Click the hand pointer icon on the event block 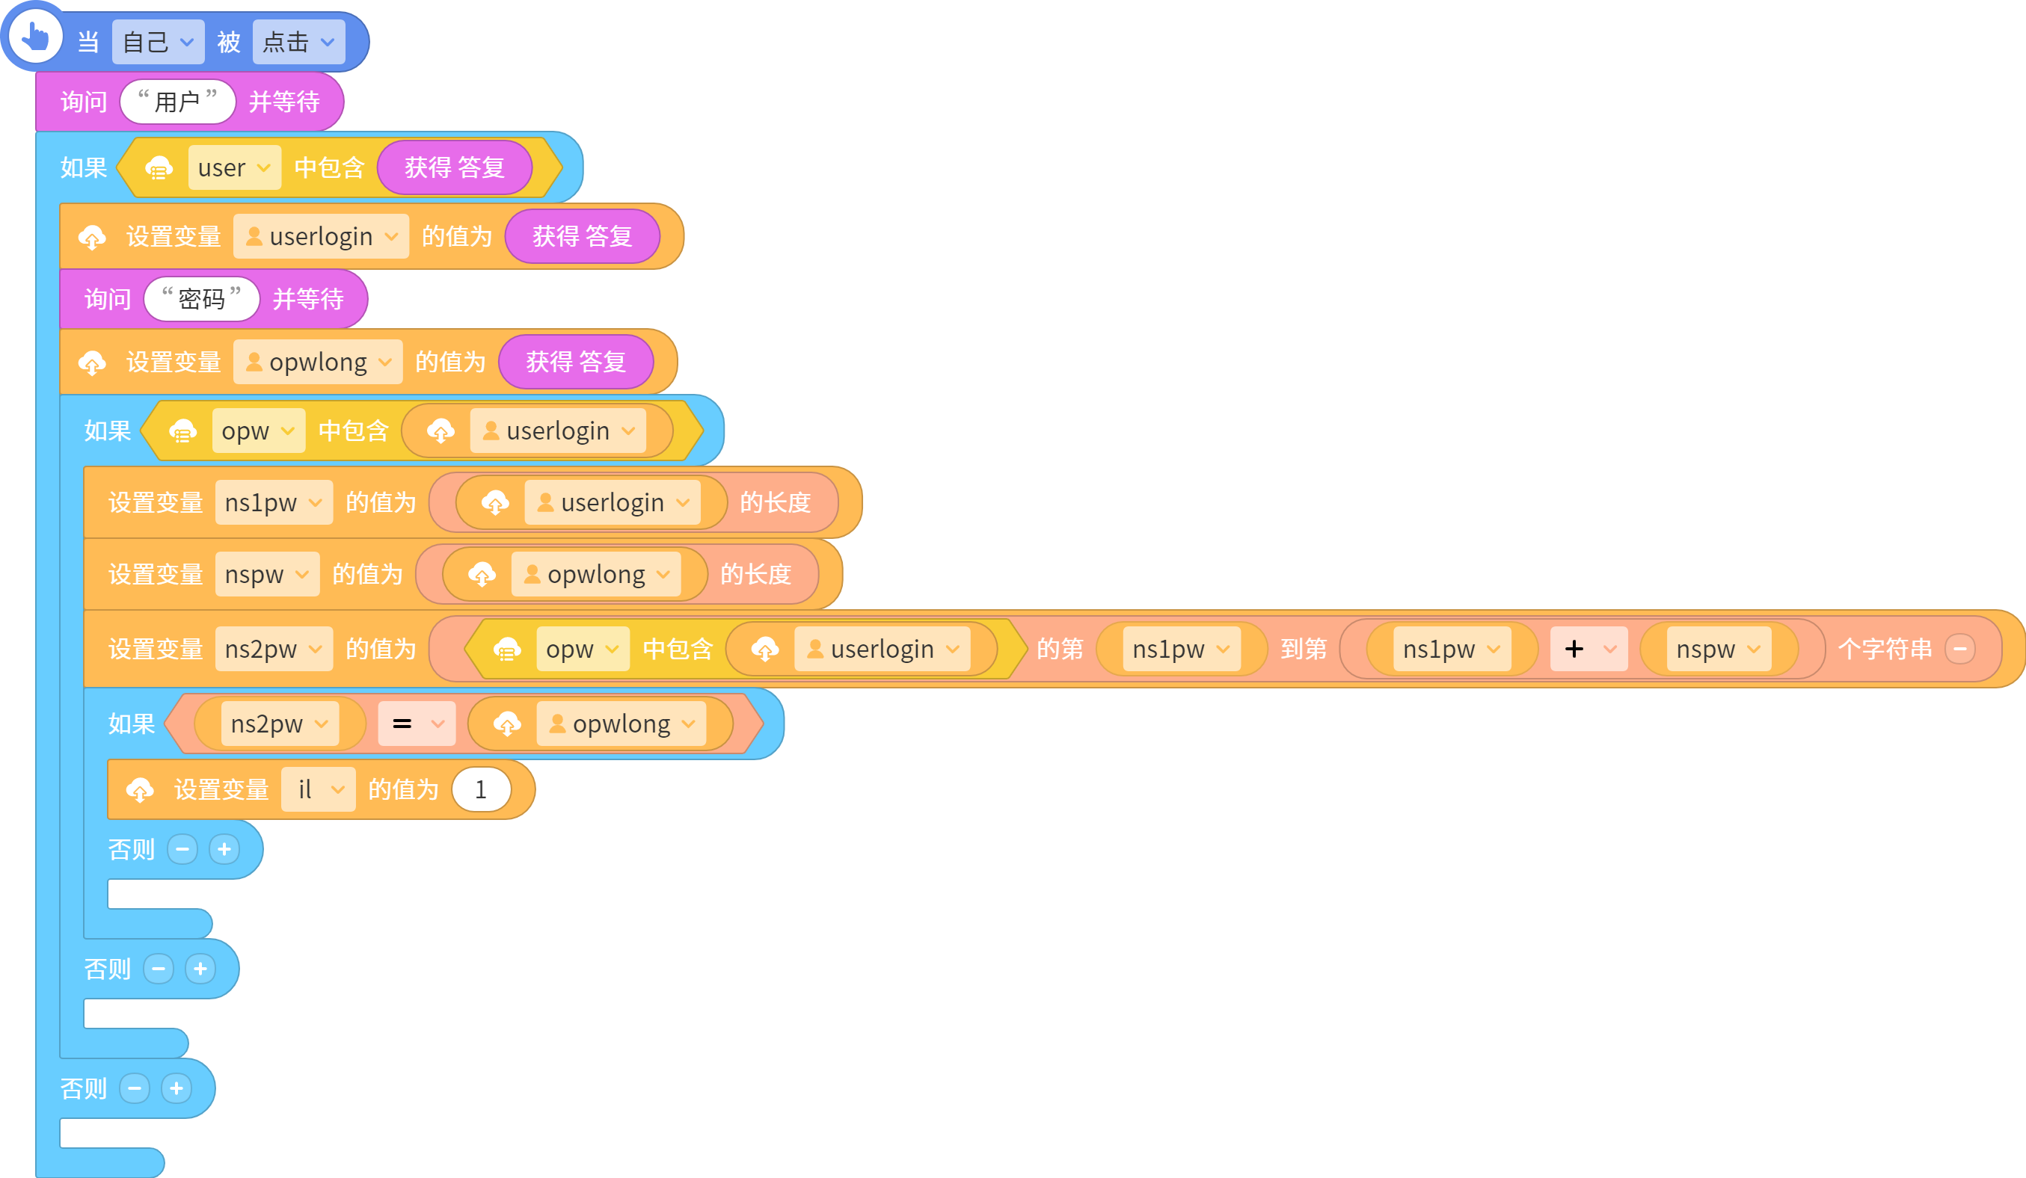point(34,35)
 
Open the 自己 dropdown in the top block point(158,42)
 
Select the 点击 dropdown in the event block point(298,42)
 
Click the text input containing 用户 point(178,101)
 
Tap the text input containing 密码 point(202,299)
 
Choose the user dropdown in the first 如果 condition point(234,168)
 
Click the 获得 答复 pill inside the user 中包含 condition point(454,167)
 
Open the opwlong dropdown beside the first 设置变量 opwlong point(318,363)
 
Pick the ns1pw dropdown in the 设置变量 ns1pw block point(274,503)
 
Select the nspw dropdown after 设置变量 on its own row point(267,575)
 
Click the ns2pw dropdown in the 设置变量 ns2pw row point(274,650)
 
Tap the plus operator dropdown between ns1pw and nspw point(1588,650)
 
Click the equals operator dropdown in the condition point(417,724)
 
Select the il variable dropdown point(319,790)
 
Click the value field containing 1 point(481,790)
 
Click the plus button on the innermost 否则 point(224,849)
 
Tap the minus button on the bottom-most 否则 point(135,1089)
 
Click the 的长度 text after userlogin point(775,503)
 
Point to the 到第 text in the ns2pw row point(1304,650)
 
